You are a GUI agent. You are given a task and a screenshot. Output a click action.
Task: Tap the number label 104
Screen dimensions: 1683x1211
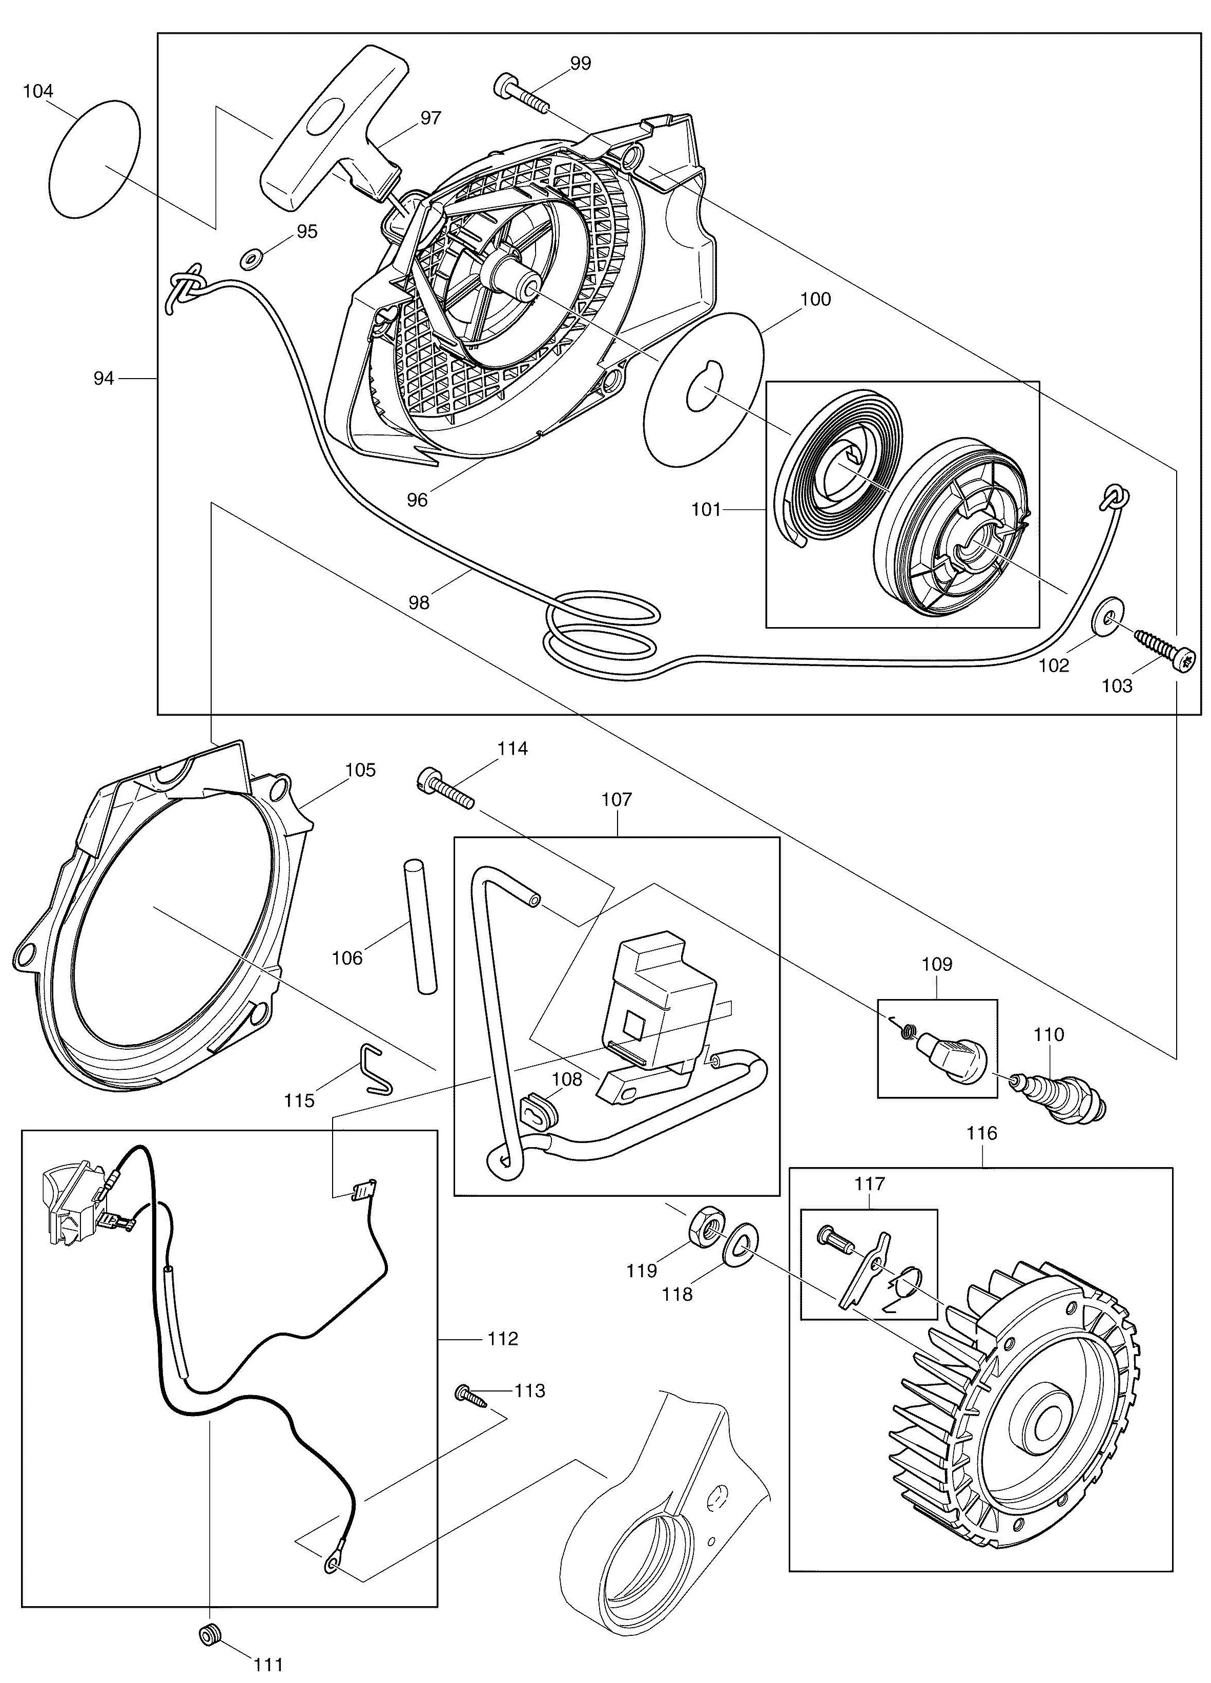pyautogui.click(x=38, y=91)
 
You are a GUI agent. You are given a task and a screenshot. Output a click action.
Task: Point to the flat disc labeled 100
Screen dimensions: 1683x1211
pyautogui.click(x=705, y=389)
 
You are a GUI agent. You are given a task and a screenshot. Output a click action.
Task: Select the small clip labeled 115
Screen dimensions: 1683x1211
pyautogui.click(x=377, y=1069)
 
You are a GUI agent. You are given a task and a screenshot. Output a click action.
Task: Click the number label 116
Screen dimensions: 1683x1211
pyautogui.click(x=981, y=1133)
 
